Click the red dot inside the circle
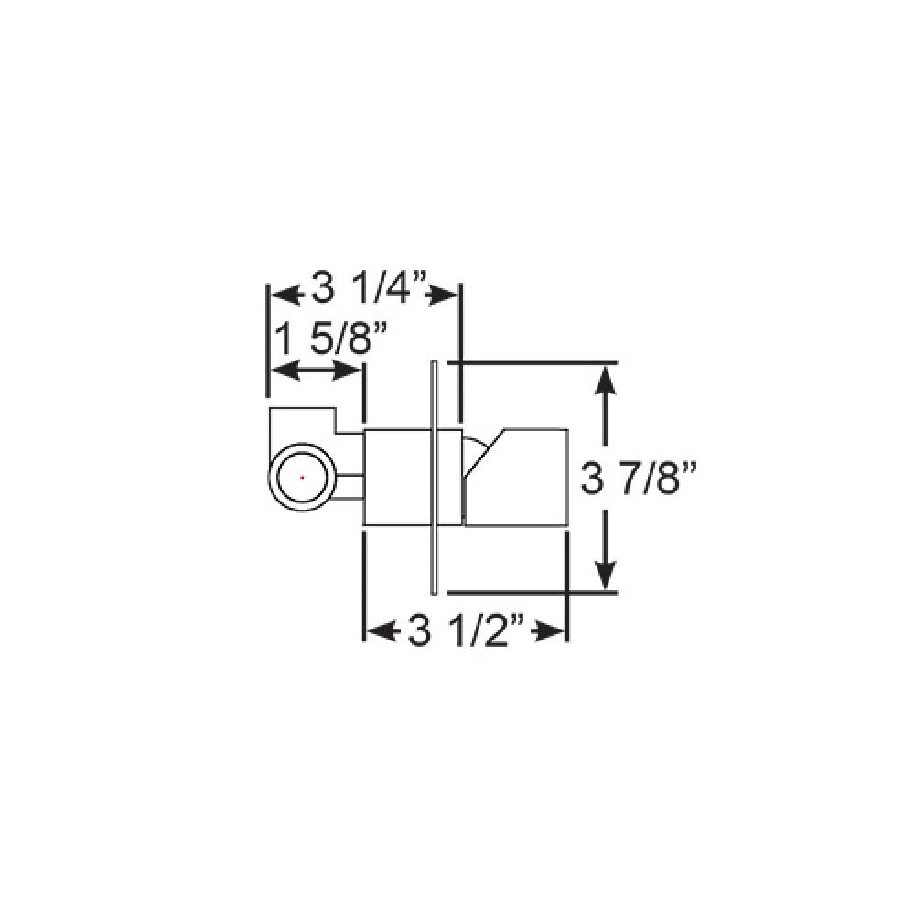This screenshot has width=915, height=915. coord(302,477)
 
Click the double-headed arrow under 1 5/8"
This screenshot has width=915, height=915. coord(316,371)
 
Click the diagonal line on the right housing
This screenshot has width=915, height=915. coord(485,453)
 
